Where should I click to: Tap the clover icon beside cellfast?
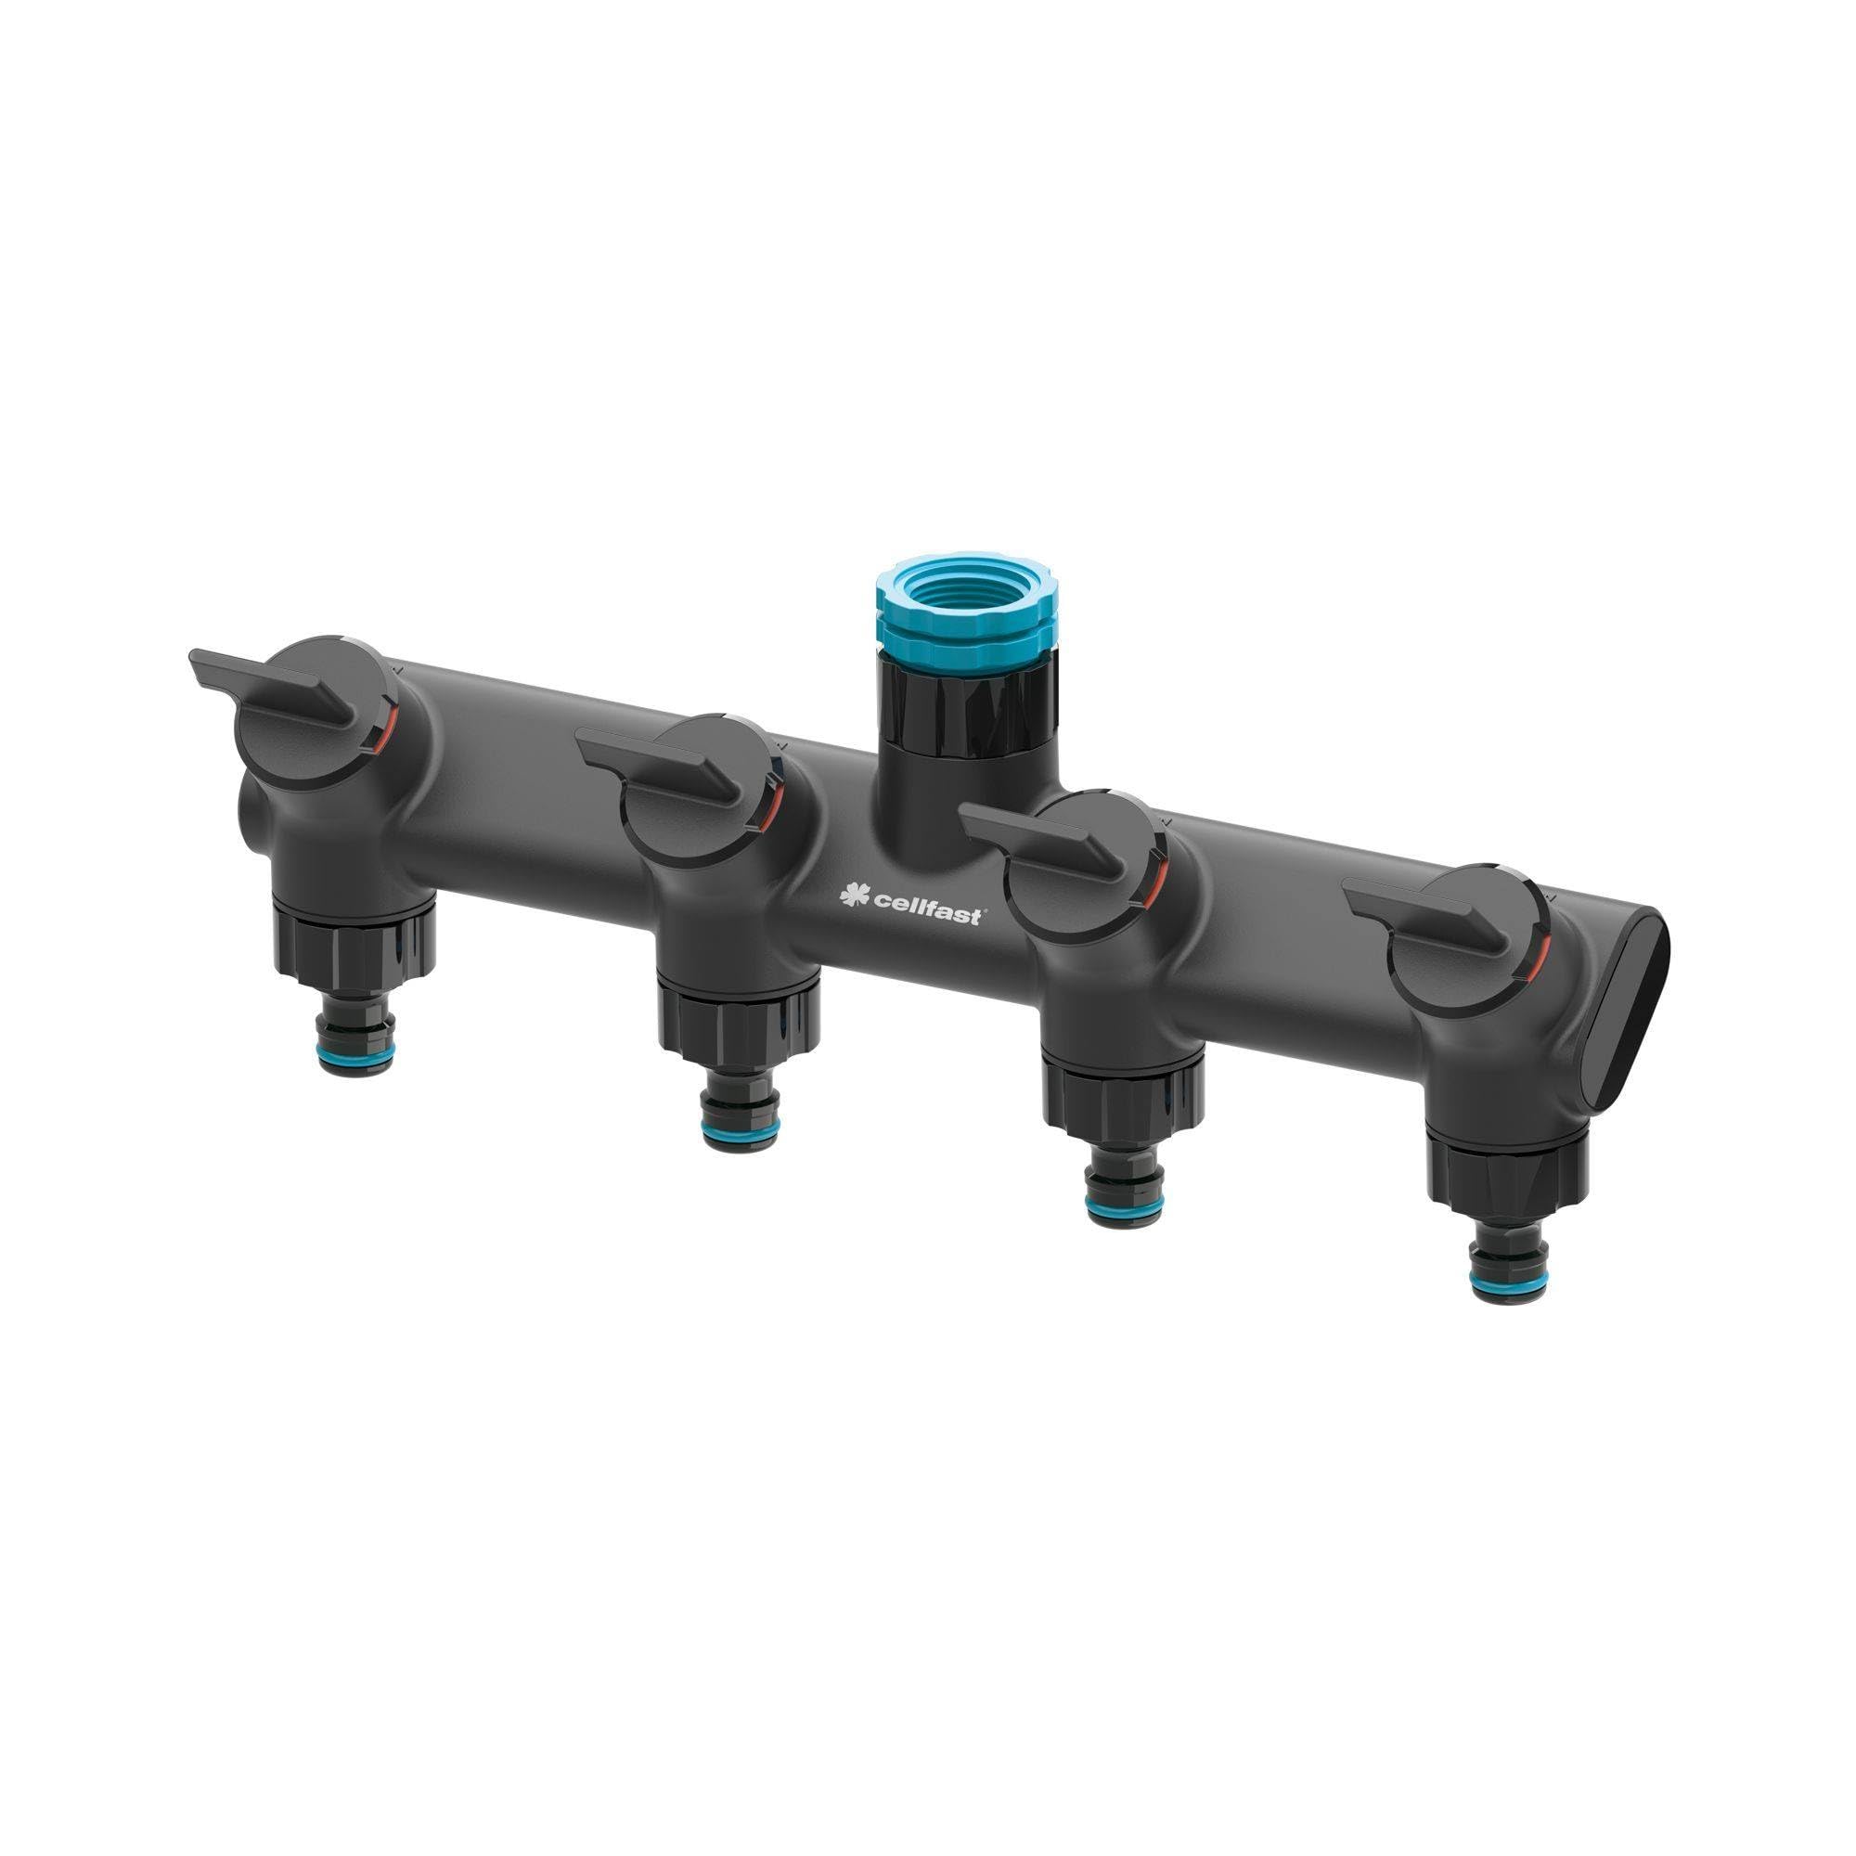tap(852, 896)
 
